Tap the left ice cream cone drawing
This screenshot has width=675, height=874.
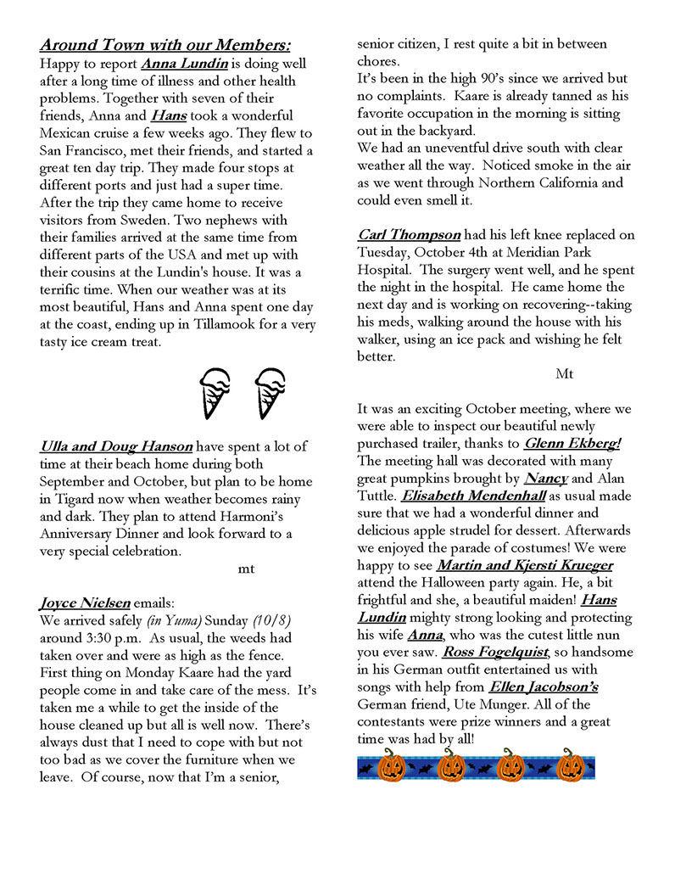click(215, 392)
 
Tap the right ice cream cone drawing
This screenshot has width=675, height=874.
click(269, 392)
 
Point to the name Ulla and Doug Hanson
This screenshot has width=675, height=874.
click(116, 445)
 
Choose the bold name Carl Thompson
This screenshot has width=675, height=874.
click(409, 234)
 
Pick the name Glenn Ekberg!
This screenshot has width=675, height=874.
click(573, 443)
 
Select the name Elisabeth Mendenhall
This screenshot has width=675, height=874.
click(472, 496)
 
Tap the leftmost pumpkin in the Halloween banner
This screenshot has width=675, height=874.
click(391, 767)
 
